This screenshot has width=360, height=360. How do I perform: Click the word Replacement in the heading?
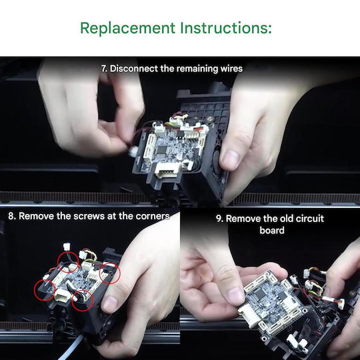coord(127,28)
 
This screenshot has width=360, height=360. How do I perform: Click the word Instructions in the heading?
coord(226,28)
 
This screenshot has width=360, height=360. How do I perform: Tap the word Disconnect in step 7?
coord(134,69)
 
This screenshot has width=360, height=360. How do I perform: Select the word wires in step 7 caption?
coord(231,69)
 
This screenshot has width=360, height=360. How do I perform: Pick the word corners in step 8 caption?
coord(153,216)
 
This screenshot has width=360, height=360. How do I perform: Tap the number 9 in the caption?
coord(219,219)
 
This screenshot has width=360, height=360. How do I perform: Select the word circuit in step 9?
coord(310,219)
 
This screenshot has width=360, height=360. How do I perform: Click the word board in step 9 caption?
coord(272,230)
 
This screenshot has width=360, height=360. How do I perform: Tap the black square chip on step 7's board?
coord(161,150)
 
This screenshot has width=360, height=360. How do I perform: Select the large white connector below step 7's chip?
coord(167,169)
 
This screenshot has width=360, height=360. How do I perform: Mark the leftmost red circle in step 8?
coord(45,290)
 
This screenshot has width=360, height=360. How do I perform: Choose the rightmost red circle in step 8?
coord(109,273)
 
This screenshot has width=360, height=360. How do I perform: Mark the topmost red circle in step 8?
coord(68,262)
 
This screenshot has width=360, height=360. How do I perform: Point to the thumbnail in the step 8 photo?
coord(109,303)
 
